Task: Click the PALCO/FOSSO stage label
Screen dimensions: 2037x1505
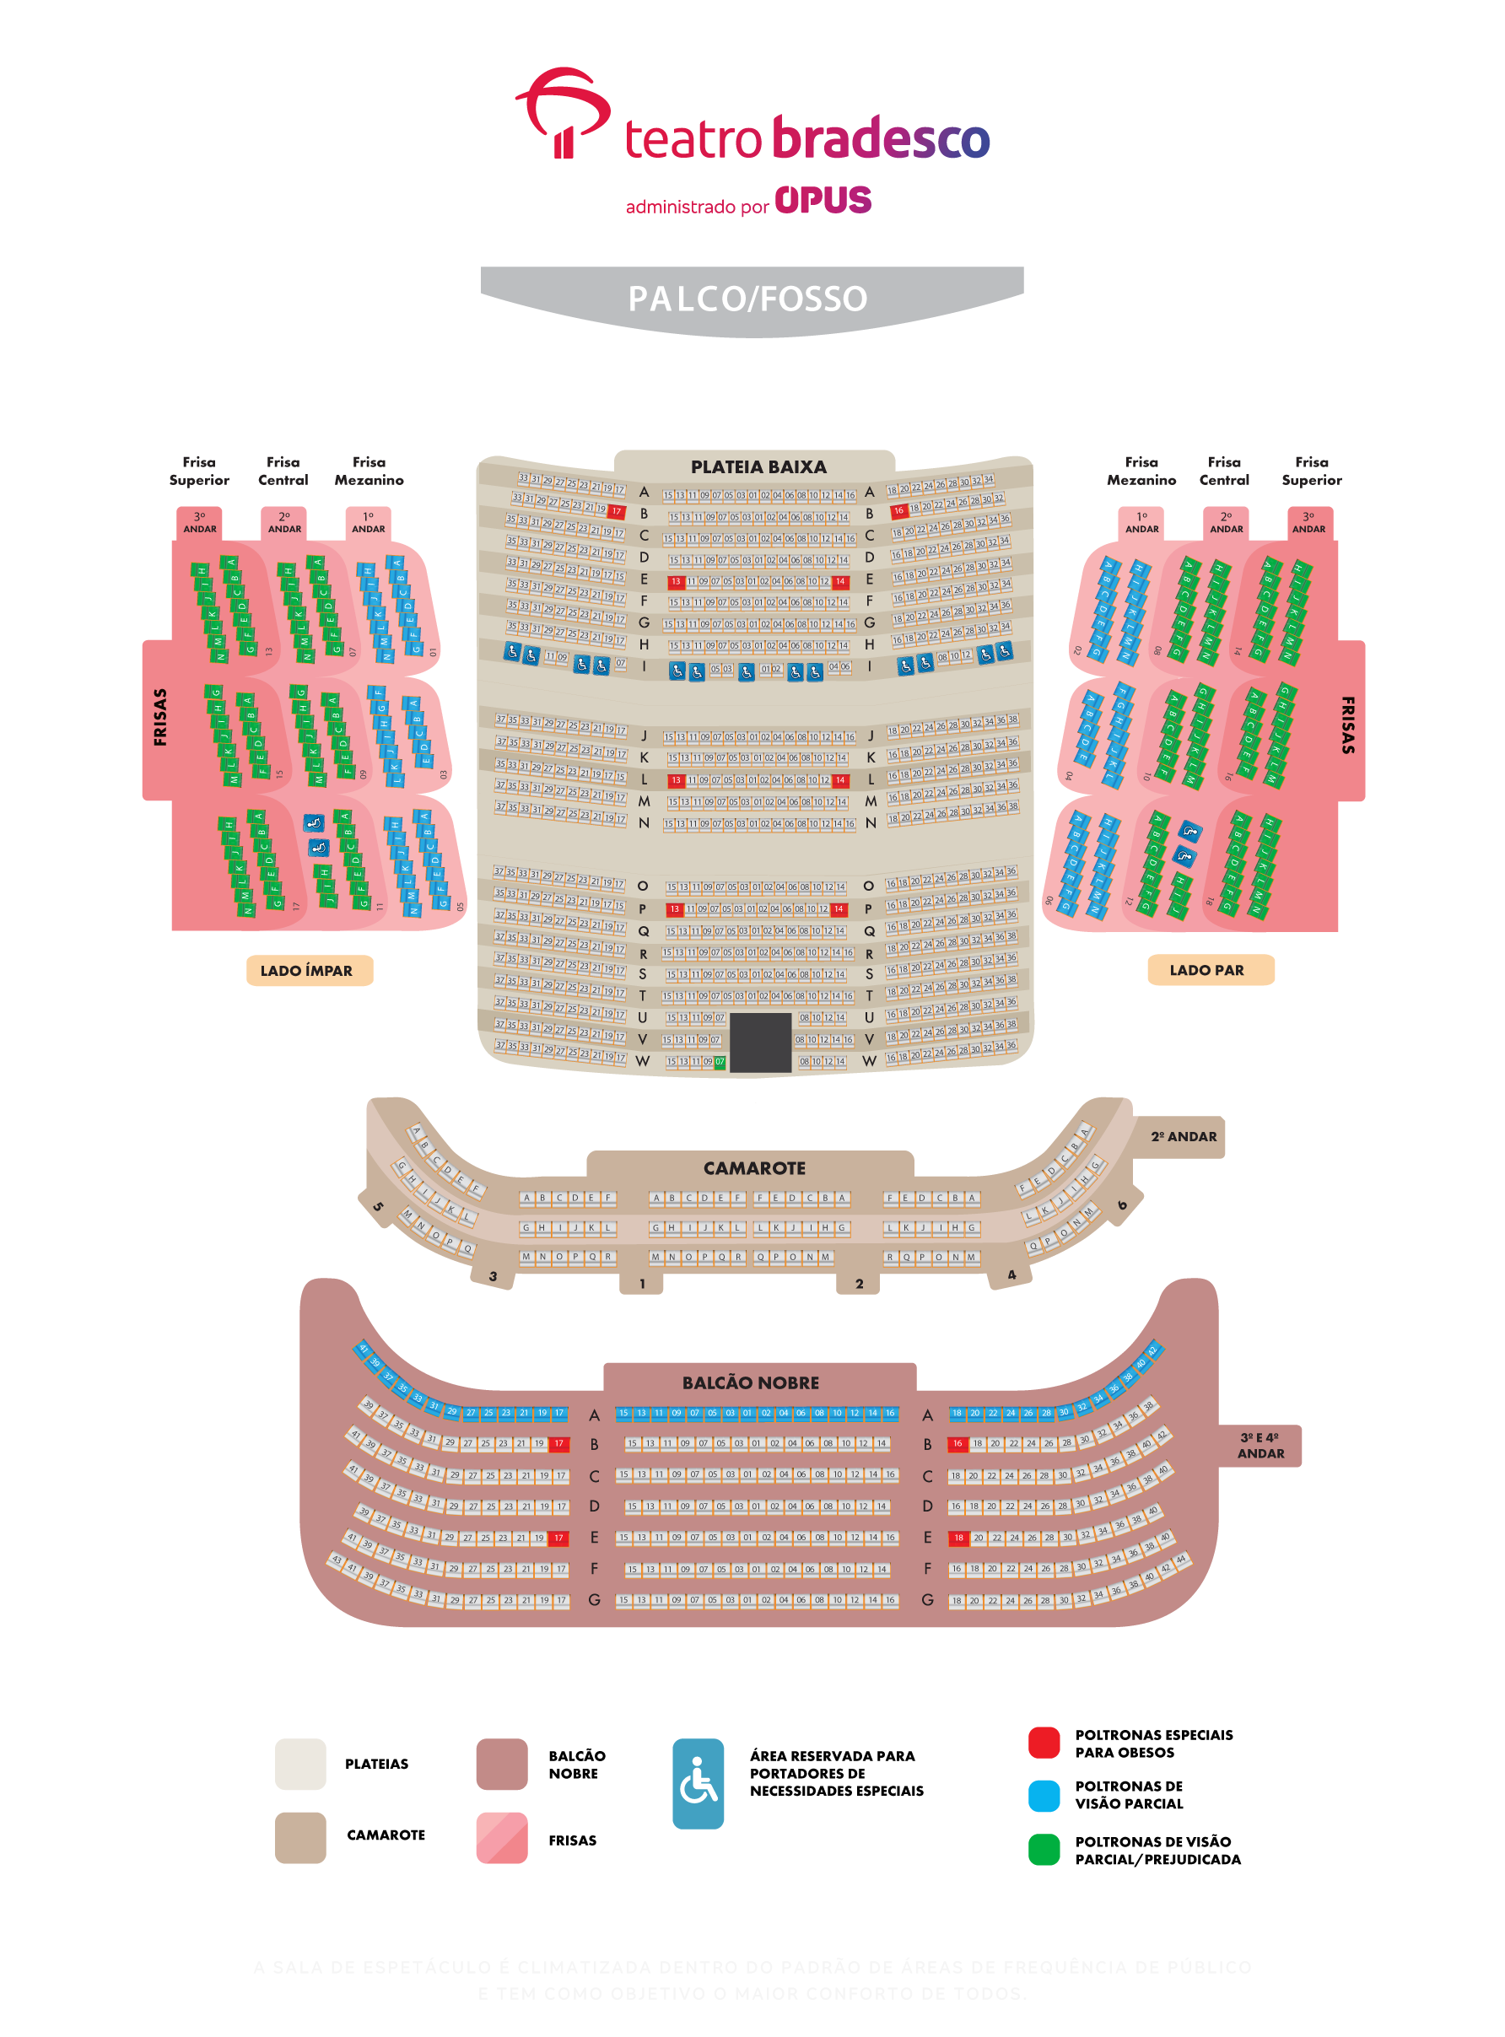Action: [x=747, y=299]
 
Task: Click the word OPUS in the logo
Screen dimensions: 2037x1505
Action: [x=823, y=201]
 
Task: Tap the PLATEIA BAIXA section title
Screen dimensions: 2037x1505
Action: [x=758, y=466]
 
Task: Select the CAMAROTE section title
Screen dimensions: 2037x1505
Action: [x=753, y=1168]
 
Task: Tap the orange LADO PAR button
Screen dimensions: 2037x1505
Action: [x=1210, y=970]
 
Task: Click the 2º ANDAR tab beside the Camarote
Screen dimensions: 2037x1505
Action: [x=1183, y=1137]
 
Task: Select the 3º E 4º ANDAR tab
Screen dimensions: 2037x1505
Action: [x=1260, y=1446]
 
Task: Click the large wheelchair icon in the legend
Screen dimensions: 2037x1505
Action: [x=698, y=1783]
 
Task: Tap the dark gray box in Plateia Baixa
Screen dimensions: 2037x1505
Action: [x=760, y=1043]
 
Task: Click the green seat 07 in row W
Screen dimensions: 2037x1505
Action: [x=720, y=1062]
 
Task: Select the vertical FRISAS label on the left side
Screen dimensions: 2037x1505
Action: [x=160, y=718]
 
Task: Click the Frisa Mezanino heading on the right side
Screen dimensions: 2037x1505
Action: [x=1141, y=471]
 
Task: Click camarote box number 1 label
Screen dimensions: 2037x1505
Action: [x=641, y=1285]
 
